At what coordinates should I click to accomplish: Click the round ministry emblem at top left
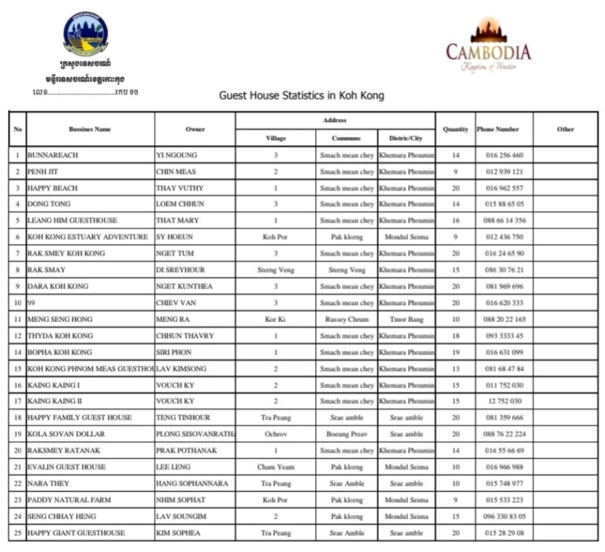coord(85,33)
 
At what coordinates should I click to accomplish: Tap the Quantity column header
coord(455,129)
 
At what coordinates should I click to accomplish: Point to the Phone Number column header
coord(498,129)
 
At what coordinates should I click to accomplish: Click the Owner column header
coord(195,129)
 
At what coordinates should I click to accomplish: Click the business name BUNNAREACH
coord(53,156)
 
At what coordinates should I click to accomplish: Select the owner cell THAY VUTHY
coord(180,188)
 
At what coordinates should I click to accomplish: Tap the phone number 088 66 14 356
coord(504,220)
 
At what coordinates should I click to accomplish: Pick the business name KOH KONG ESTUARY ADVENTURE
coord(87,237)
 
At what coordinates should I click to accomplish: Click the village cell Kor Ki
coord(275,320)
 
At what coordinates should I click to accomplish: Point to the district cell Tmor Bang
coord(406,320)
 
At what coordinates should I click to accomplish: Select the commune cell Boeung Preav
coord(346,434)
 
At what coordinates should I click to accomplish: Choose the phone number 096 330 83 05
coord(504,517)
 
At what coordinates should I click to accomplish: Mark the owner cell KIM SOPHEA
coord(178,533)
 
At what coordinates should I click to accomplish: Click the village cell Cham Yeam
coord(275,467)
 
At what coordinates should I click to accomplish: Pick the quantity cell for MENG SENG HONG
coord(455,320)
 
